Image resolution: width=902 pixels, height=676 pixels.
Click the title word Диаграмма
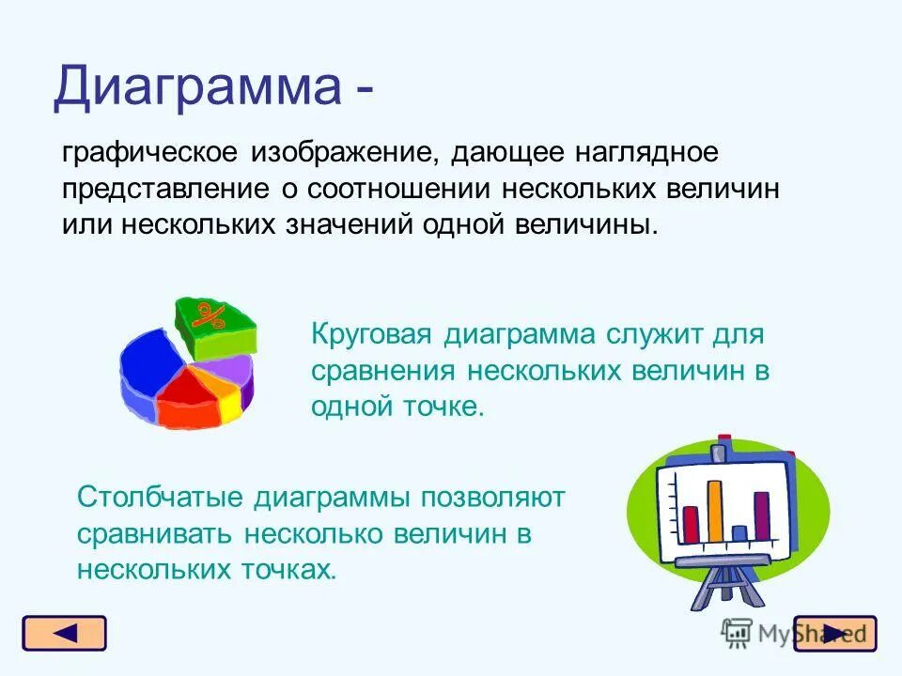(x=197, y=86)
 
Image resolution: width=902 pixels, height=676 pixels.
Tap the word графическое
(x=149, y=153)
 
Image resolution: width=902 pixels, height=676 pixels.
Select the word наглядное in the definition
(x=646, y=153)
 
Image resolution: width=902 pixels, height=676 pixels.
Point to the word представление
(x=165, y=190)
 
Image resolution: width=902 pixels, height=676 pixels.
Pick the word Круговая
(x=371, y=334)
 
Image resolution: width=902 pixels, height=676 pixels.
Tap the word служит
(x=654, y=334)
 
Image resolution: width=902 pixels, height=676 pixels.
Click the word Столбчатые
(x=160, y=498)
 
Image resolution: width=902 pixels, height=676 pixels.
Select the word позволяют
(x=493, y=498)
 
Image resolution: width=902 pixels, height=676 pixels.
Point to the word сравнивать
(x=154, y=534)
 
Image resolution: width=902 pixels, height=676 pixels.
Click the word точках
(x=288, y=570)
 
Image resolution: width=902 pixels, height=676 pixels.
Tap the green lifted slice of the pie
(x=215, y=325)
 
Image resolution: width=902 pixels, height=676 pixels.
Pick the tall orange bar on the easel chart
(x=714, y=512)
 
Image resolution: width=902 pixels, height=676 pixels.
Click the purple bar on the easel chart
(x=761, y=515)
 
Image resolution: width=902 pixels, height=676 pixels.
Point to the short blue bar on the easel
(x=739, y=534)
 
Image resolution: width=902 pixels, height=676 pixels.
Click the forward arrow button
(x=835, y=634)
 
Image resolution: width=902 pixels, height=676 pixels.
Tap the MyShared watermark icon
(x=737, y=634)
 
